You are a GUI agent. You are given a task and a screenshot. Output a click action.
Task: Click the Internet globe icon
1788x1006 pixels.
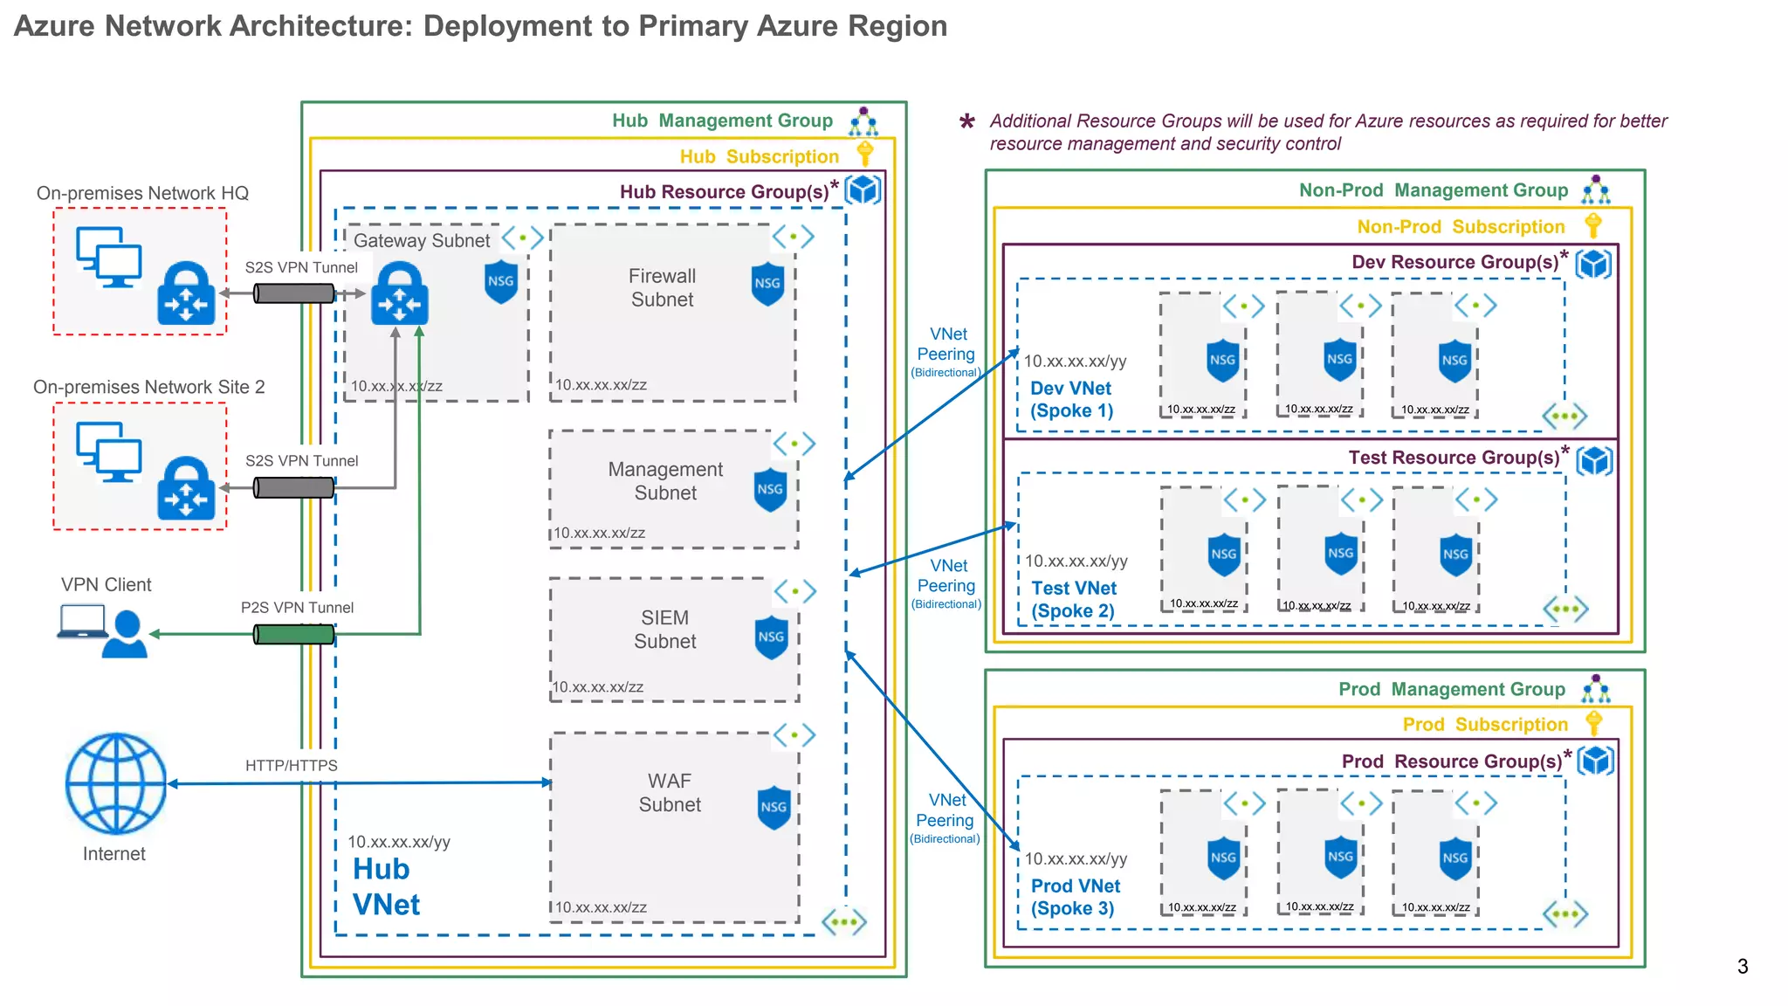[x=116, y=783]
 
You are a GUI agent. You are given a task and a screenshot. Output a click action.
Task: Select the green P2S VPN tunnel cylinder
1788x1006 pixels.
[x=294, y=634]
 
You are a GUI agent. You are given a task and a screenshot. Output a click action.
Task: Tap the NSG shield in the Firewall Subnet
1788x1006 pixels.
[x=767, y=284]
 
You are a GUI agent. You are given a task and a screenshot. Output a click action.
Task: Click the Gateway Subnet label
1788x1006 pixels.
[x=422, y=240]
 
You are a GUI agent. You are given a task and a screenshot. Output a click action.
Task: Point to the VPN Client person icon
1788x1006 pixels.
[x=125, y=634]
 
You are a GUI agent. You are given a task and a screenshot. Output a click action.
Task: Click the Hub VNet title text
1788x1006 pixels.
[x=385, y=886]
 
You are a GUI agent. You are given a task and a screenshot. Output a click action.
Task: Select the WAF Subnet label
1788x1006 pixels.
[x=670, y=793]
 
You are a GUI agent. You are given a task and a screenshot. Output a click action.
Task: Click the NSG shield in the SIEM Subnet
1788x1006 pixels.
[x=771, y=637]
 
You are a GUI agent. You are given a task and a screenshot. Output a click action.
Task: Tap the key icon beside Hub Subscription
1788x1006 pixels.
[x=865, y=154]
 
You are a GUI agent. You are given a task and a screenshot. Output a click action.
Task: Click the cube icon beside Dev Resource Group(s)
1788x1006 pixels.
[x=1593, y=263]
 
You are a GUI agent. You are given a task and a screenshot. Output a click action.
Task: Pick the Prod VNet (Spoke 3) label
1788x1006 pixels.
[x=1075, y=897]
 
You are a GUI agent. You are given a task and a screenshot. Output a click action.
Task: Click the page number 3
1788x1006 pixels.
[x=1742, y=967]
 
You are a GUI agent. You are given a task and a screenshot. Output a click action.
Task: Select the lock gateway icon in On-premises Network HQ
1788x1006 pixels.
[x=186, y=294]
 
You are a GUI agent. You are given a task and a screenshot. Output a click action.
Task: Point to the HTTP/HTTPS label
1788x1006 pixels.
[x=291, y=766]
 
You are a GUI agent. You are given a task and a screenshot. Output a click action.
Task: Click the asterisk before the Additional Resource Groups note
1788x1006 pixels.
[x=966, y=122]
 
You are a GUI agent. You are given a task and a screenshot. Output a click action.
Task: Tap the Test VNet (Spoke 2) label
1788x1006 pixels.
[x=1073, y=600]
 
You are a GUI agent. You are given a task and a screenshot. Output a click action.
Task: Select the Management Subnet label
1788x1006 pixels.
[x=665, y=481]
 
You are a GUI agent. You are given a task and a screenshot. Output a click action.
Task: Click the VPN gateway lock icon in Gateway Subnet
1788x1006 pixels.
[x=400, y=294]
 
